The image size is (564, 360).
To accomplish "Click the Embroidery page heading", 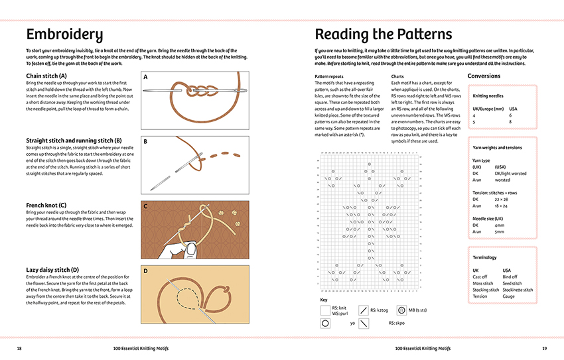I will coord(64,34).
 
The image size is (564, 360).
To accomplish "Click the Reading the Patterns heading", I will coord(383,34).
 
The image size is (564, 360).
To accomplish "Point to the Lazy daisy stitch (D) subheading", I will coord(52,270).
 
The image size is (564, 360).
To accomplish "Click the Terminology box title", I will coord(484,257).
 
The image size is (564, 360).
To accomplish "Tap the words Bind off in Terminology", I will coord(512,276).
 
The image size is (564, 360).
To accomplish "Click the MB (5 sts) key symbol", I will coord(401,310).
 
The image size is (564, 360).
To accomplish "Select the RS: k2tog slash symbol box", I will coord(363,310).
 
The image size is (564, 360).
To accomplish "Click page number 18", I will coord(19,348).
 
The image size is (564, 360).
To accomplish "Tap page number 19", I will coord(544,348).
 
